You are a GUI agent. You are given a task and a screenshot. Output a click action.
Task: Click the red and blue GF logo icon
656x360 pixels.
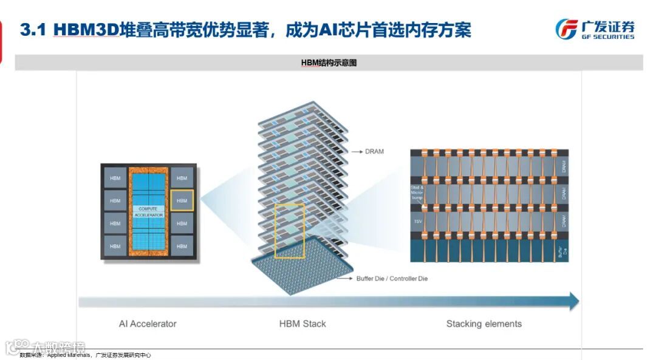(566, 29)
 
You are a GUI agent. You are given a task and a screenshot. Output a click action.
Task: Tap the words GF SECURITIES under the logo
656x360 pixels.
(607, 37)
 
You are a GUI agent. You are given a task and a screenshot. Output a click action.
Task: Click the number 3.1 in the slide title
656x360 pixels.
(33, 30)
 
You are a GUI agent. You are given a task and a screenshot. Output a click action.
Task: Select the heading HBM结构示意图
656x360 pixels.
(329, 63)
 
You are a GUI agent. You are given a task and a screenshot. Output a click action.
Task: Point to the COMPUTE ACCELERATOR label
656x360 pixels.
(148, 212)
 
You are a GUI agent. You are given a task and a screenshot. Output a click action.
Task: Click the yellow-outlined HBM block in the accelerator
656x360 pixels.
(182, 200)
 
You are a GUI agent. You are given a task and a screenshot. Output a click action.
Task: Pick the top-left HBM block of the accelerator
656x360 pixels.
(115, 178)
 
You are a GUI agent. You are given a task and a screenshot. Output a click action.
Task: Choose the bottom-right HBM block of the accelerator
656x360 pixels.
(182, 246)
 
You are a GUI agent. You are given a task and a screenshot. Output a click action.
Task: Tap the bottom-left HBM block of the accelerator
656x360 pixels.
(115, 246)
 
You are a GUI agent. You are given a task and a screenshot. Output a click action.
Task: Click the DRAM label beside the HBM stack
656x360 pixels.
(375, 151)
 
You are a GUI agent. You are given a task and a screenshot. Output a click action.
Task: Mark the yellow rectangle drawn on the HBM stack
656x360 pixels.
(290, 231)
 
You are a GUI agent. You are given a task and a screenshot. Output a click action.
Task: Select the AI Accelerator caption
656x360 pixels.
(148, 324)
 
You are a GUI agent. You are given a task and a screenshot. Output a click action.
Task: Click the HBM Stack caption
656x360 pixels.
(302, 324)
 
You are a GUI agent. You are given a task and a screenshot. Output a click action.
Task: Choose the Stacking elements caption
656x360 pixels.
(483, 324)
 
